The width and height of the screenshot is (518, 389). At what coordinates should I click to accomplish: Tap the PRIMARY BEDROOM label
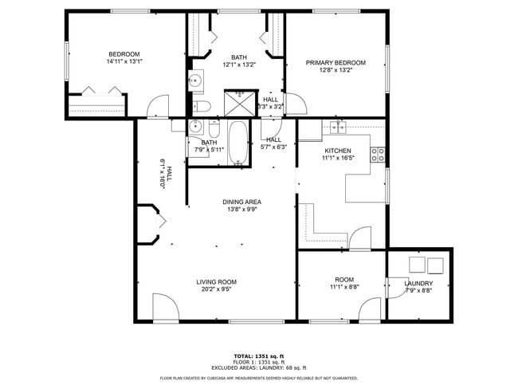coord(336,63)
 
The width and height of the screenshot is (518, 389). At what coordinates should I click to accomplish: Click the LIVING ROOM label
coord(216,282)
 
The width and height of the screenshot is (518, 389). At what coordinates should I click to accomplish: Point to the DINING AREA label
coord(241,202)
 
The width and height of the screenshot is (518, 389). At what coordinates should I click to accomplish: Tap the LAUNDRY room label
coord(418,284)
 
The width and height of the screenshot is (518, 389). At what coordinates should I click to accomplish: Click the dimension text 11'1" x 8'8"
coord(343,287)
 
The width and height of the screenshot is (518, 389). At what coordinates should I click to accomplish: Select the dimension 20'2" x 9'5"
coord(216,289)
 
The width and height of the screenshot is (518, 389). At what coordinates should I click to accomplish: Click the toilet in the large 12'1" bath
coord(202,106)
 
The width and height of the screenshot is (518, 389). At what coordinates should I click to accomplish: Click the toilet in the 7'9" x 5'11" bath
coord(214,128)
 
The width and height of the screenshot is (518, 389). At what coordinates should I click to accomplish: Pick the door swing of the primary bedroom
coord(294,104)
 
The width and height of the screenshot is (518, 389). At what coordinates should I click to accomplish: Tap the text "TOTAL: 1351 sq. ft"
coord(258,356)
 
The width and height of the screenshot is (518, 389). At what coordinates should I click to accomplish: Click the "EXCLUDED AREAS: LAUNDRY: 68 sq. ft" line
coord(258,367)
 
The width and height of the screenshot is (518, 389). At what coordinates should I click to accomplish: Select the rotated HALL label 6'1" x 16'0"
coord(164,172)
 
